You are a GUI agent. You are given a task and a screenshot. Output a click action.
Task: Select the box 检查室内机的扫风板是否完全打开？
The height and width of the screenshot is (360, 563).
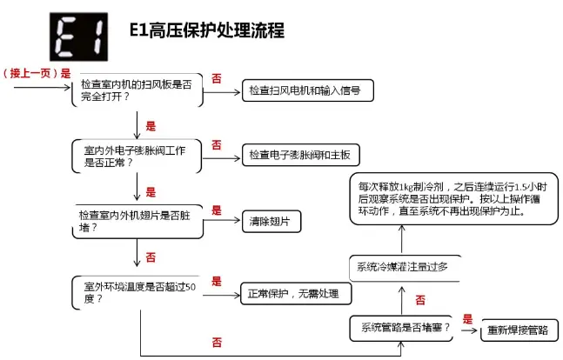[x=137, y=90]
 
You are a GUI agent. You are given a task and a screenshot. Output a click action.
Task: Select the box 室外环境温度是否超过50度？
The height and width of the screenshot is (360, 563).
[x=137, y=291]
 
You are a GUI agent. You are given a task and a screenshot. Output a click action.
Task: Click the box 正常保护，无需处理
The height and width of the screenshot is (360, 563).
[x=295, y=293]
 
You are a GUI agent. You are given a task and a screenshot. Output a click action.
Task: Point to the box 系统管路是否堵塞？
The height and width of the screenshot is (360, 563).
[x=401, y=328]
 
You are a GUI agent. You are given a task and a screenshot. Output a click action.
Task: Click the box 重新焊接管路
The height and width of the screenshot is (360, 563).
[x=518, y=330]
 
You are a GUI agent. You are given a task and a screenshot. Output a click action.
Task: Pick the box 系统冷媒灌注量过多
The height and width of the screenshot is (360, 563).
[x=401, y=265]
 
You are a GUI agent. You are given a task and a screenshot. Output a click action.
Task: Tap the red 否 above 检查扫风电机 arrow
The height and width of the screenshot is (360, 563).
[x=217, y=78]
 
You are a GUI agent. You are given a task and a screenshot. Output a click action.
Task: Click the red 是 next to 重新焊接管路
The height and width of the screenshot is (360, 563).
[x=467, y=319]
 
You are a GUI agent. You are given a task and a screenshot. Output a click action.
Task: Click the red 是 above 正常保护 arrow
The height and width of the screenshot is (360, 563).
[x=217, y=281]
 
